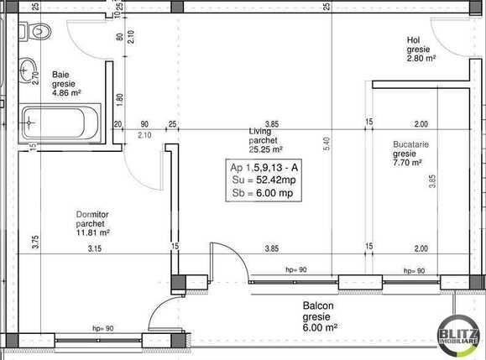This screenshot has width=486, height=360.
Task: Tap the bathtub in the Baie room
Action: coord(60,123)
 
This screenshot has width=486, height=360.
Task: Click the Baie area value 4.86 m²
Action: coord(66,92)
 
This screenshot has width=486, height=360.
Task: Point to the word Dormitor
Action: coord(92,214)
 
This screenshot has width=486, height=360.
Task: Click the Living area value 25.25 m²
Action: coord(265,149)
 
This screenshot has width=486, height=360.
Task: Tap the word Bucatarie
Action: coord(410,144)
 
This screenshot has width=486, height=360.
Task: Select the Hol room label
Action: coord(414,40)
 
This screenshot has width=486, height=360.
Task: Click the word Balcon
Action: coord(318,305)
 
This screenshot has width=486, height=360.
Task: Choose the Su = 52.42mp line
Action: coord(264,180)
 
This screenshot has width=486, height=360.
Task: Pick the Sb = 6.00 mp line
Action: coord(263,193)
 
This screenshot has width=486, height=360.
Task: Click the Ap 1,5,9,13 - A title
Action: coord(264,168)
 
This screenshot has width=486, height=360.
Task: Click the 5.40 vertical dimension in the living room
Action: coord(327,143)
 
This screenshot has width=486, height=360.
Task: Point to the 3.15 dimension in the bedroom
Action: coord(95,248)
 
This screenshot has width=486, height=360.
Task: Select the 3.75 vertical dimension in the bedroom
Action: coord(35,242)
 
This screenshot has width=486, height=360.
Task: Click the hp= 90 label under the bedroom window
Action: coord(103,328)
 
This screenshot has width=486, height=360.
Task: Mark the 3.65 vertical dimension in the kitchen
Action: coord(432,181)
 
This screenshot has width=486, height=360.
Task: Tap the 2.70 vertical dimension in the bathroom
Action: coord(35,78)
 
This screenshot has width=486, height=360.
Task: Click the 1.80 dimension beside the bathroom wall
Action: coord(120,100)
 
